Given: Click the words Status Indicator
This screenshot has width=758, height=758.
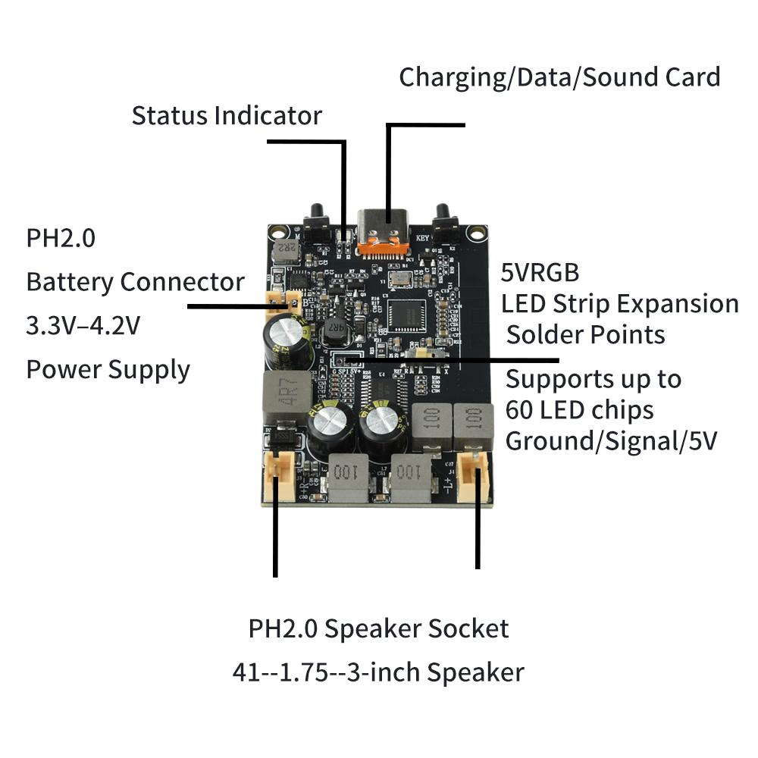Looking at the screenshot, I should pyautogui.click(x=227, y=116).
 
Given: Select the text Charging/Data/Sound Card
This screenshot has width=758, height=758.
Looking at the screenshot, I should pyautogui.click(x=559, y=77).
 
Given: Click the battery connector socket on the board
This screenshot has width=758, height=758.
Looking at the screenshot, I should pyautogui.click(x=281, y=300).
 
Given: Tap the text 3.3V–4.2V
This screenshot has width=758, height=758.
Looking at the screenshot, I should pyautogui.click(x=83, y=326).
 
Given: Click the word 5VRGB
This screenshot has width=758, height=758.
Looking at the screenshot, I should pyautogui.click(x=540, y=272).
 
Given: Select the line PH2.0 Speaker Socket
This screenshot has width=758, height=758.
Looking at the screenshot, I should pyautogui.click(x=378, y=628).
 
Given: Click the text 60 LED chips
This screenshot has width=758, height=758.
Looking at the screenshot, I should pyautogui.click(x=579, y=410).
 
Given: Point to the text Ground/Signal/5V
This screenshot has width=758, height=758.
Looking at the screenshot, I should pyautogui.click(x=611, y=441).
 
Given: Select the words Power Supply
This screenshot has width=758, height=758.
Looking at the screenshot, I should pyautogui.click(x=108, y=370).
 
